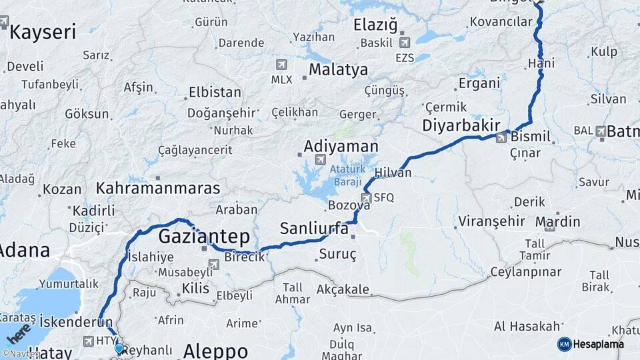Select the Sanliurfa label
pyautogui.click(x=314, y=229)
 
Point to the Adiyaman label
pyautogui.click(x=341, y=146)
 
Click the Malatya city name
pyautogui.click(x=338, y=69)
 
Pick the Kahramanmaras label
pyautogui.click(x=158, y=188)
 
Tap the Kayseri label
pyautogui.click(x=43, y=31)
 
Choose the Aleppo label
pyautogui.click(x=215, y=351)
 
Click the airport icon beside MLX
pyautogui.click(x=281, y=65)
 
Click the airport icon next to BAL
pyautogui.click(x=601, y=131)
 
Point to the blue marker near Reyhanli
pyautogui.click(x=119, y=348)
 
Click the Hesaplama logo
pyautogui.click(x=591, y=344)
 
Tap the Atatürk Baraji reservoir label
pyautogui.click(x=345, y=175)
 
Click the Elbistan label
pyautogui.click(x=215, y=92)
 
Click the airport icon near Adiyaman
pyautogui.click(x=320, y=160)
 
